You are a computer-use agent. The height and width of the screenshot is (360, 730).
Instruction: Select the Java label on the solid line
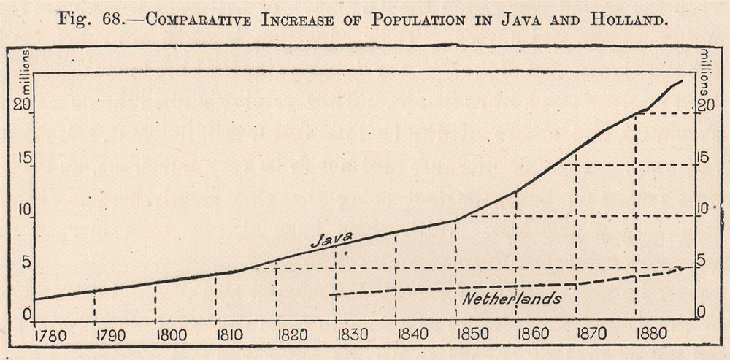coord(331,238)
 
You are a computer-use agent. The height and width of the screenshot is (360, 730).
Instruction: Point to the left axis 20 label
coord(26,104)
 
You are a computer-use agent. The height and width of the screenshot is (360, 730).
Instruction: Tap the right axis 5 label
coord(702,261)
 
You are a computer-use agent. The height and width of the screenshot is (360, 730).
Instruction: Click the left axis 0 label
coord(26,315)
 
